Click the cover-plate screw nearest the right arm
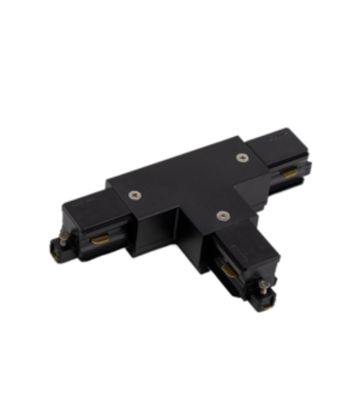point(242,158)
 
